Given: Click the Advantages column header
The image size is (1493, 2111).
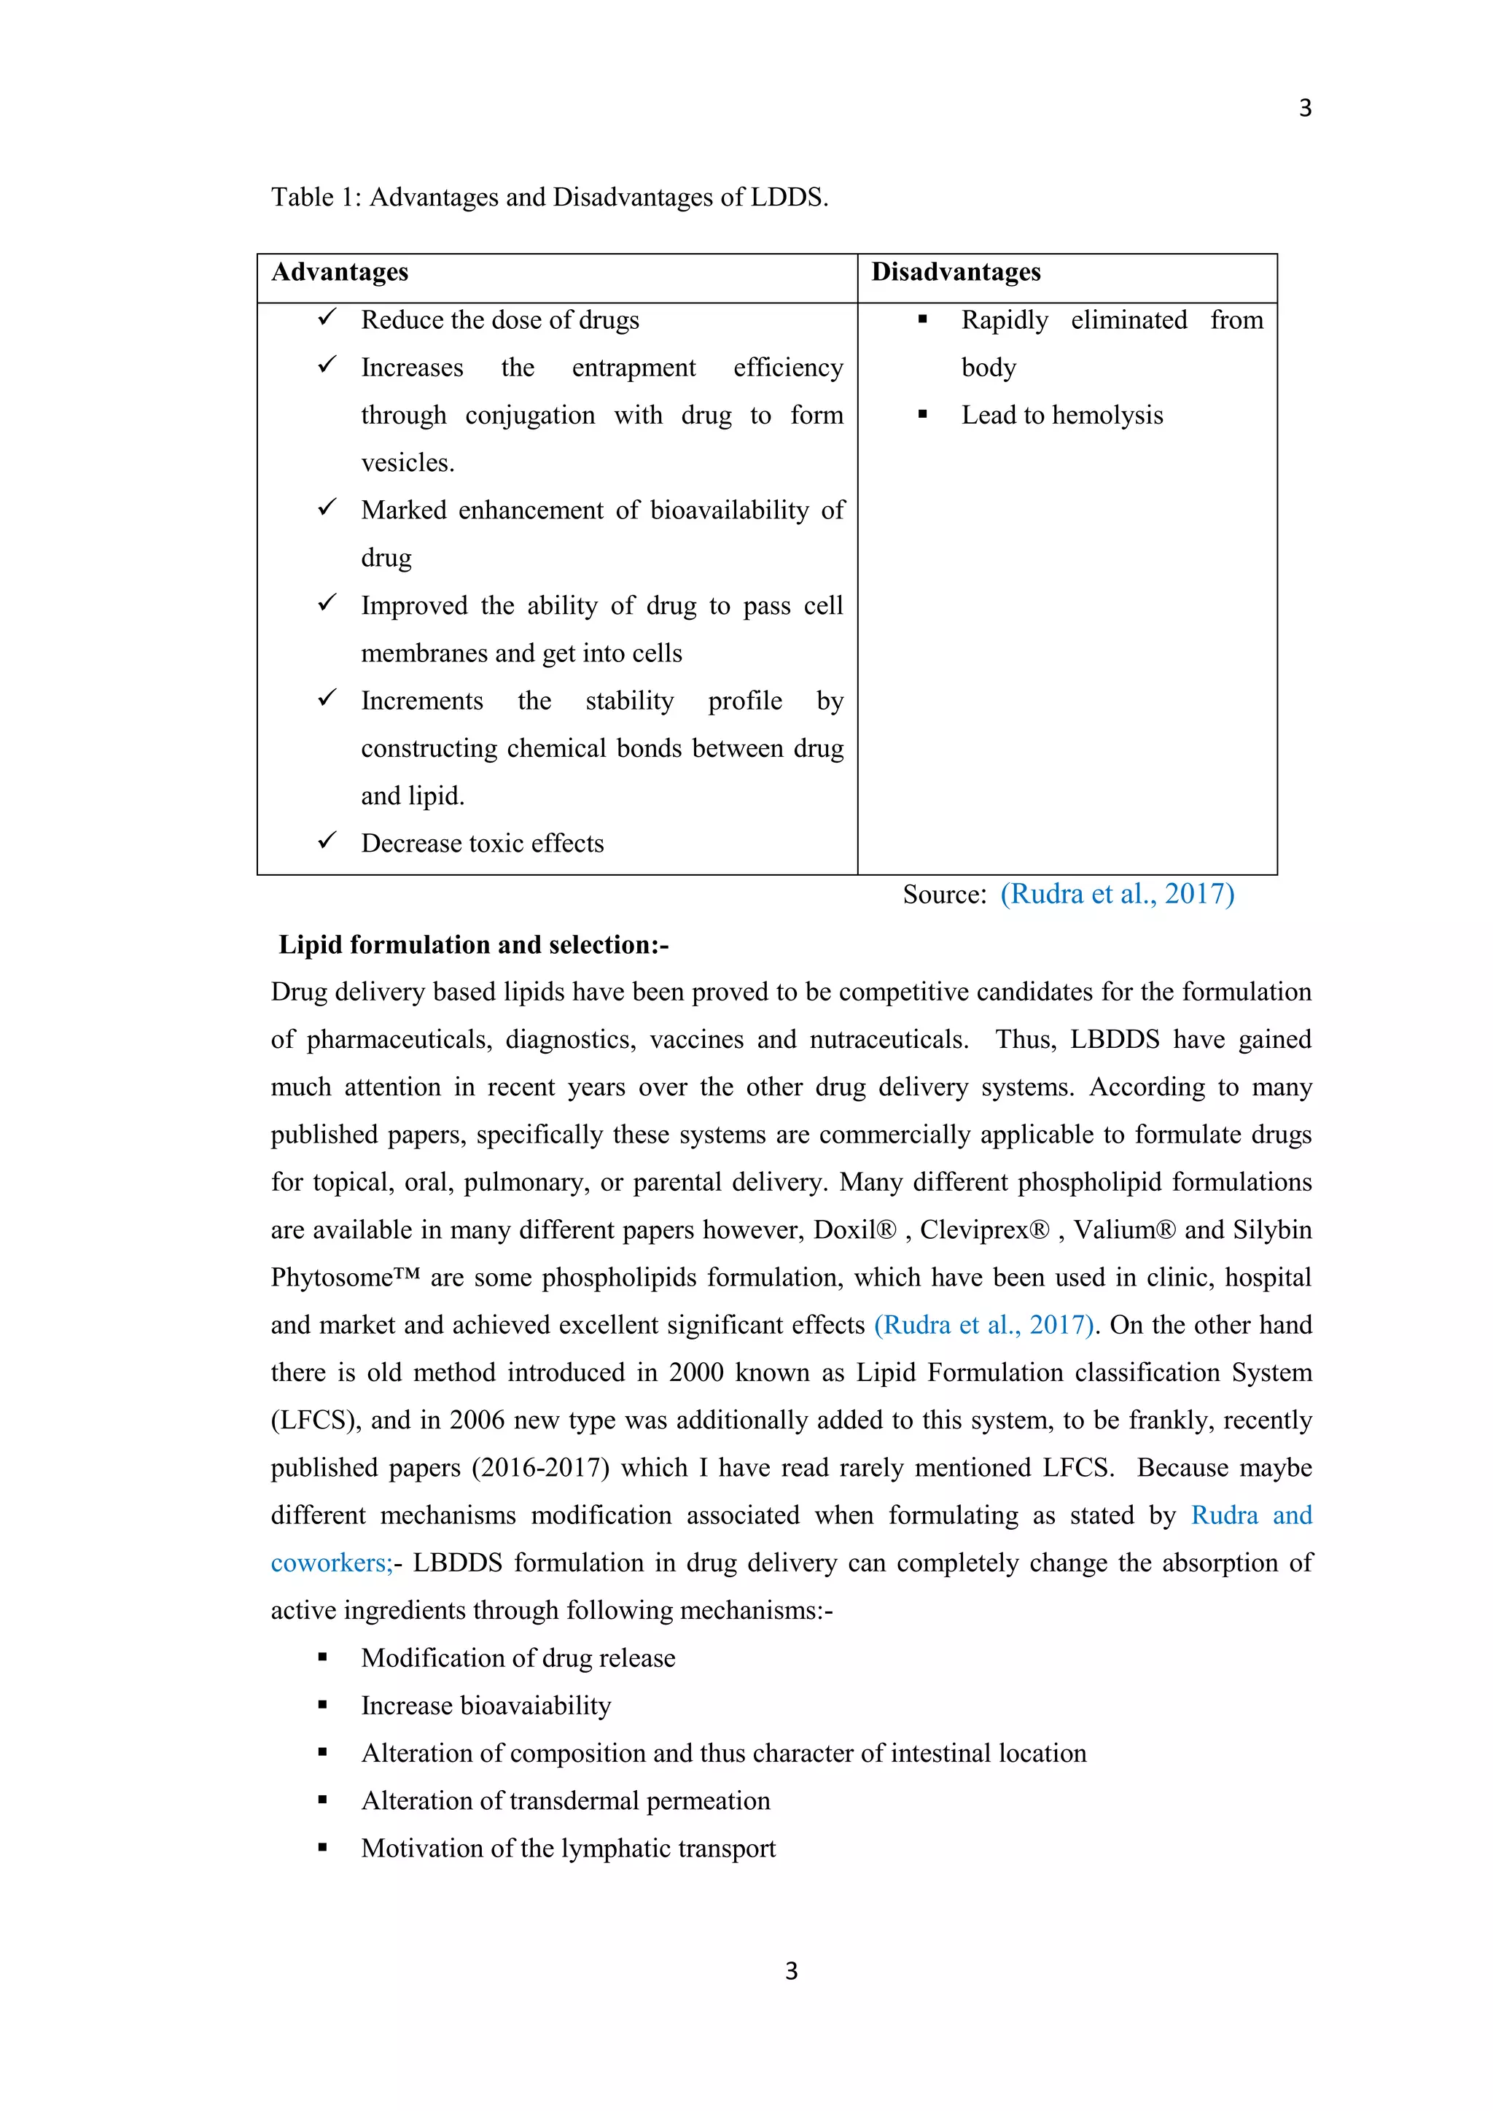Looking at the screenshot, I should [339, 272].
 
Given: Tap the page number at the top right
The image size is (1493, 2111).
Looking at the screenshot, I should [1304, 109].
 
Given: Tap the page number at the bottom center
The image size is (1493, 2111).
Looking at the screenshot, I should [791, 1970].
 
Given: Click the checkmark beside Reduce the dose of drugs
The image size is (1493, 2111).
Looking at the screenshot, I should [327, 318].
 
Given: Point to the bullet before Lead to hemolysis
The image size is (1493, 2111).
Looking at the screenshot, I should [922, 415].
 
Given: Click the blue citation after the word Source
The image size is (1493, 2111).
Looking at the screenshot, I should [1117, 894].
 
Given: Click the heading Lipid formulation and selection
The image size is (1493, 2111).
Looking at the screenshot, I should [473, 944].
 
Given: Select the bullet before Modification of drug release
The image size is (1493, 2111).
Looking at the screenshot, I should [323, 1657].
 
